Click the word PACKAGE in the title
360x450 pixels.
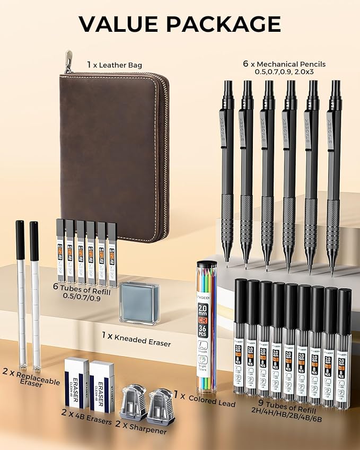coord(225,24)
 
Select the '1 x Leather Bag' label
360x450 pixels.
coord(115,65)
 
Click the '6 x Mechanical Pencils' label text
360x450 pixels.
coord(284,64)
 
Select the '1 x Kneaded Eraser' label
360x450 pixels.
coord(136,339)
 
